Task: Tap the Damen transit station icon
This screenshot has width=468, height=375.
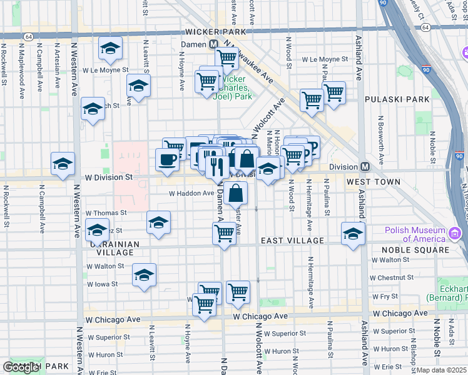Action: pos(213,45)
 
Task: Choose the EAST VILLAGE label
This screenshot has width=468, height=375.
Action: pos(292,241)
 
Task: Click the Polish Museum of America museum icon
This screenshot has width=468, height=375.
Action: pos(455,236)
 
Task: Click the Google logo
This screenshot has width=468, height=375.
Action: pos(22,367)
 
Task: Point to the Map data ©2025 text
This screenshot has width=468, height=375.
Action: pos(442,370)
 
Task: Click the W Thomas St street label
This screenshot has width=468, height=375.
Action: pos(106,213)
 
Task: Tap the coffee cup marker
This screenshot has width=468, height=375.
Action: pos(167,159)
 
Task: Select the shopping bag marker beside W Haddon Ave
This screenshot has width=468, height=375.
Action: pos(237,193)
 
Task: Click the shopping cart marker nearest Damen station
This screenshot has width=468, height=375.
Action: pos(226,58)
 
